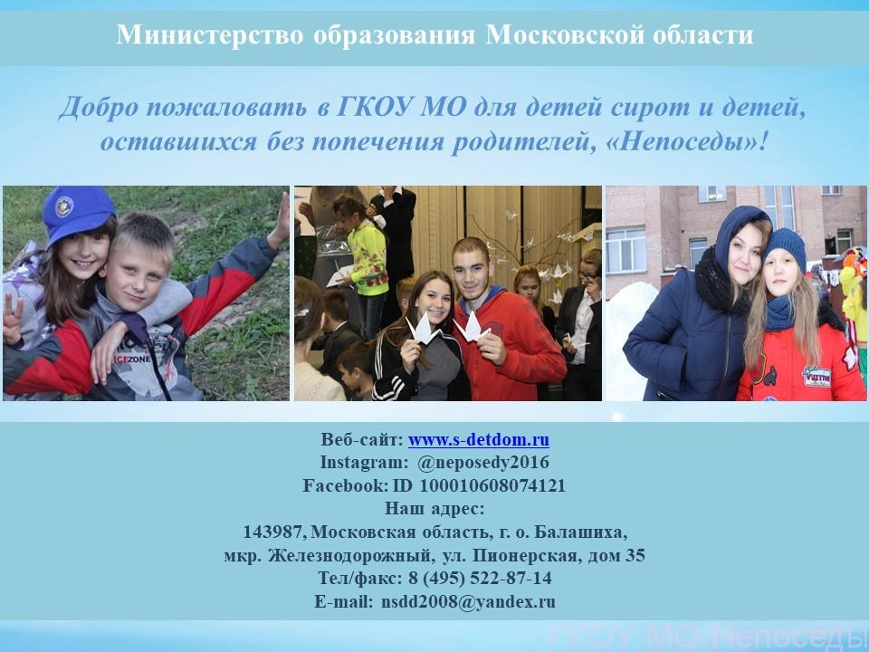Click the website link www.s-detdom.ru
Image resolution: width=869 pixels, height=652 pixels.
click(x=479, y=440)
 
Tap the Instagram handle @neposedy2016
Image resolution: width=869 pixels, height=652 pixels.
click(x=483, y=463)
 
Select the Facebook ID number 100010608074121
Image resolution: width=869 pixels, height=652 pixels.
click(x=492, y=485)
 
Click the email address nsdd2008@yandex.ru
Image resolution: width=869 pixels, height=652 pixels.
click(x=468, y=601)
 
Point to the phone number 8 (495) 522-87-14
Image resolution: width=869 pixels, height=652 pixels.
click(x=480, y=579)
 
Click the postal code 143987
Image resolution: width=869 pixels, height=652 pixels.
click(x=274, y=532)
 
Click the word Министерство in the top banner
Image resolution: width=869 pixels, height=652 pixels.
click(x=209, y=34)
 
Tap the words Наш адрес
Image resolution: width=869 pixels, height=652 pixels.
click(x=434, y=508)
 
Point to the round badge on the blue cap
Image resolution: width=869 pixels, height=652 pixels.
click(x=65, y=206)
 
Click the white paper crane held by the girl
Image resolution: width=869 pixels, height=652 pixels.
click(x=423, y=330)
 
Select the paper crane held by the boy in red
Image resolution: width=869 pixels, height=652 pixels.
click(x=472, y=328)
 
